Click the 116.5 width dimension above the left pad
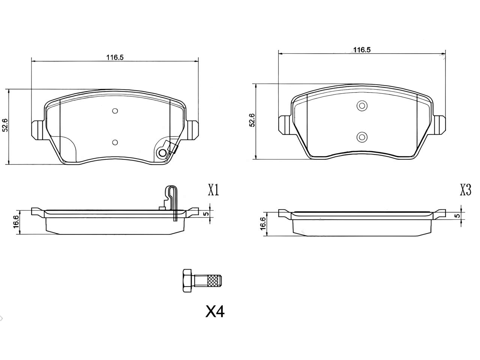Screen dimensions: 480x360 pyautogui.click(x=115, y=57)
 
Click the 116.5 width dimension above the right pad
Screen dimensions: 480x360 pyautogui.click(x=362, y=50)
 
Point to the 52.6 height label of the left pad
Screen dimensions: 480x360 pyautogui.click(x=5, y=125)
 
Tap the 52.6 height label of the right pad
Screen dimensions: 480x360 pyautogui.click(x=252, y=120)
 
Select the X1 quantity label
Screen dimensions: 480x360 pyautogui.click(x=213, y=190)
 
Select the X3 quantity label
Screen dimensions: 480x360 pyautogui.click(x=466, y=190)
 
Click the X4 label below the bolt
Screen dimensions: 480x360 pyautogui.click(x=215, y=312)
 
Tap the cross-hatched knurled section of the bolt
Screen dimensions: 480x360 pyautogui.click(x=213, y=280)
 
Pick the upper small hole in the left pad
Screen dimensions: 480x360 pyautogui.click(x=115, y=111)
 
